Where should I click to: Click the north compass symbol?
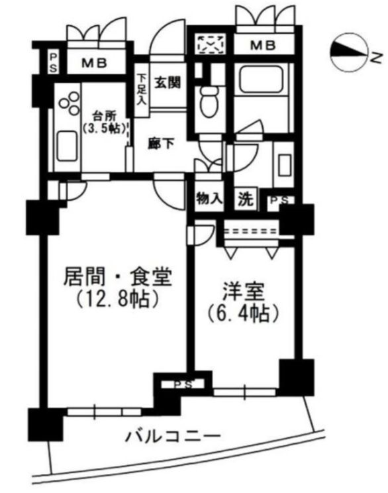click(x=349, y=53)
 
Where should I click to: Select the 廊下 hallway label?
click(x=161, y=142)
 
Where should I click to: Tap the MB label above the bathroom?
click(x=263, y=46)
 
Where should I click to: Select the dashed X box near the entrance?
click(x=211, y=45)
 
